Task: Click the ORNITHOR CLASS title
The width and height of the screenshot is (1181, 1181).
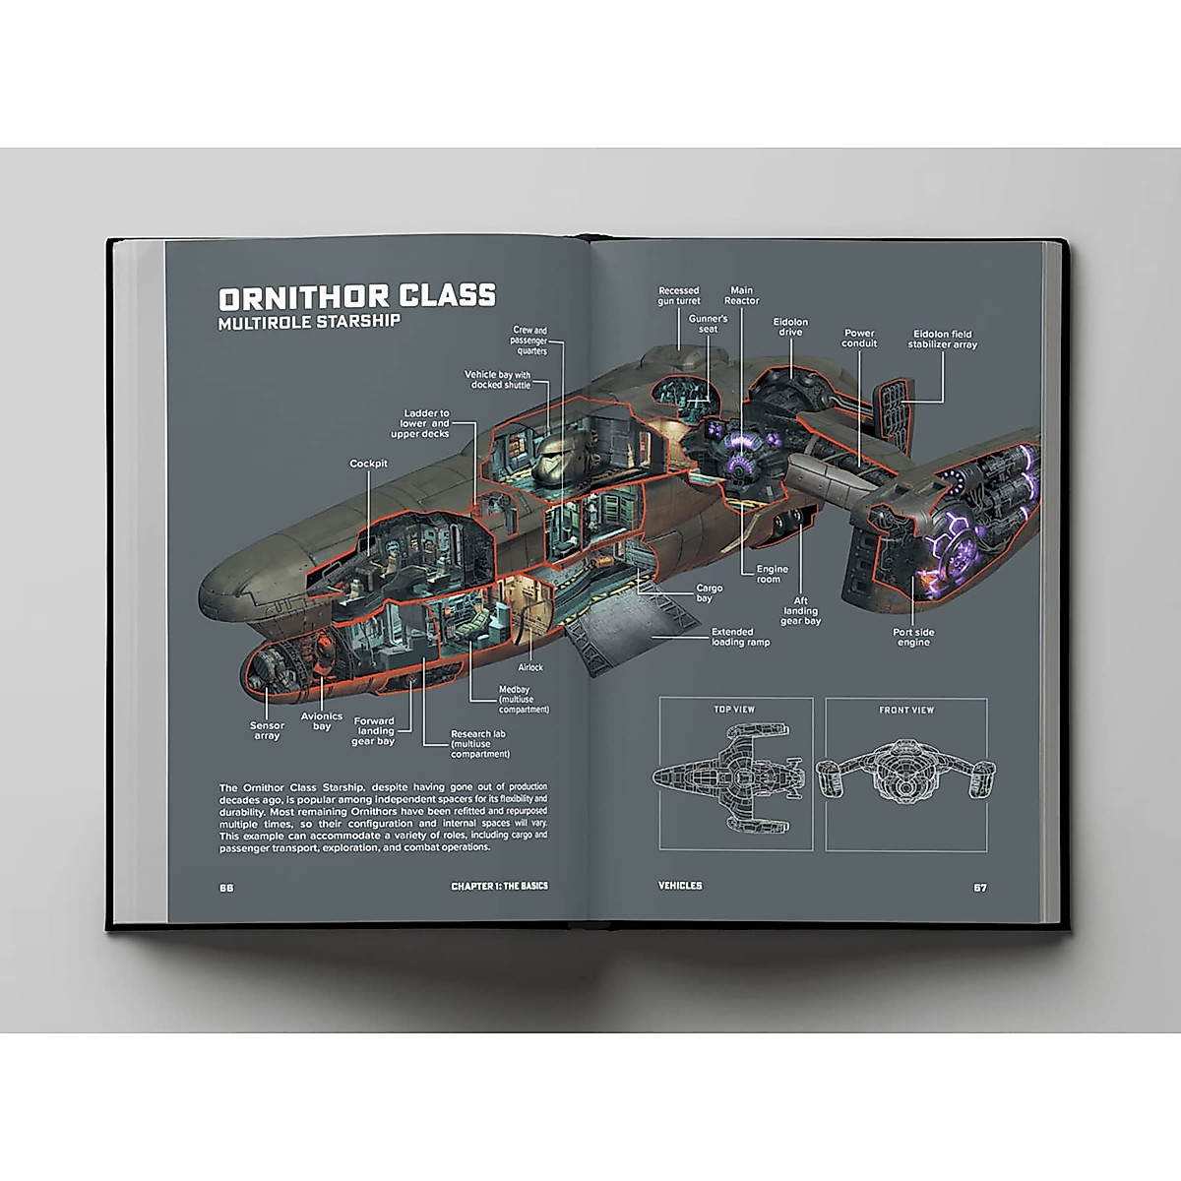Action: coord(357,297)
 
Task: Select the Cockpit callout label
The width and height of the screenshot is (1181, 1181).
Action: coord(368,464)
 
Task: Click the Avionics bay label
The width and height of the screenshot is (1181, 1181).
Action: coord(322,721)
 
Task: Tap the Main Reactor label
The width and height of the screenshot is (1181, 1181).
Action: coord(742,295)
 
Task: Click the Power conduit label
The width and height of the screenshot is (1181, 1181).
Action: coord(858,338)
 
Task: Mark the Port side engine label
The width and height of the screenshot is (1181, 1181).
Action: coord(913,637)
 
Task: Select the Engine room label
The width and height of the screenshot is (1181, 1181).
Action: coord(772,575)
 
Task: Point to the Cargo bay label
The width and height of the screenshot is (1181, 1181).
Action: coord(709,593)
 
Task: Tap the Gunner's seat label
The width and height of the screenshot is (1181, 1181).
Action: coord(708,324)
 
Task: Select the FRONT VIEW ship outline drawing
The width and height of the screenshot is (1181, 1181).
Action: coord(905,777)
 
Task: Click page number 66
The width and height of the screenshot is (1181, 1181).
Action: coord(226,886)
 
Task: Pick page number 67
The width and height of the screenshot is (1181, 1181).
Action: coord(979,887)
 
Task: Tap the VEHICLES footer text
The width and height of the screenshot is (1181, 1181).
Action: coord(680,886)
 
